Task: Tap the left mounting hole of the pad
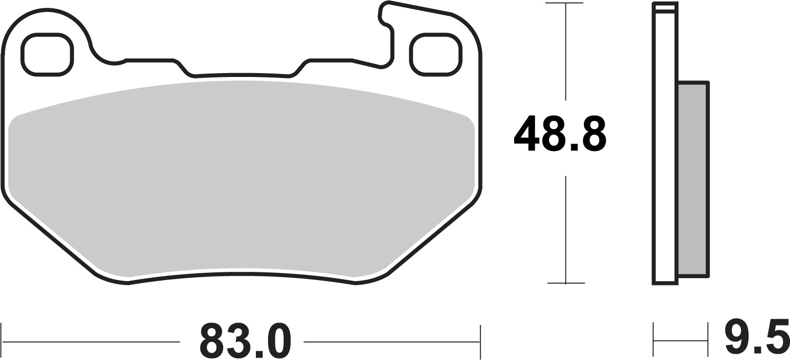(47, 55)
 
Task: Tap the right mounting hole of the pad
(435, 55)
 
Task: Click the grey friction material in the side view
(693, 178)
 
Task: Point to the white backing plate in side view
(665, 146)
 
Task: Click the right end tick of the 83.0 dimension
(481, 341)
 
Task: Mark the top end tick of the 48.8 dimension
(565, 3)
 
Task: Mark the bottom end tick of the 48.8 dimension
(565, 283)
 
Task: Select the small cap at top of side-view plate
(665, 7)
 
